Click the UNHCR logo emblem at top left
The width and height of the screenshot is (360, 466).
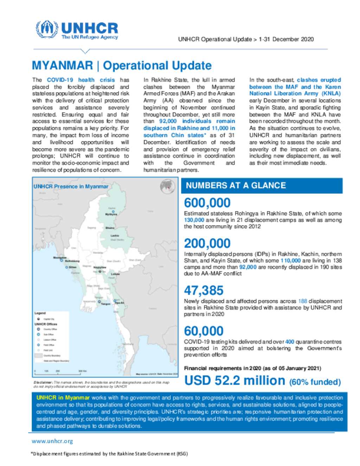click(47, 30)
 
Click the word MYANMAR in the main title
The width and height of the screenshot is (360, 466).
click(62, 66)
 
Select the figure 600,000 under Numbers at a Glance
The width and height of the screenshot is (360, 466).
click(207, 203)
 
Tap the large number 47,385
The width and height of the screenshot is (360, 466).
click(204, 291)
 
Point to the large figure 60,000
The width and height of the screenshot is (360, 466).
click(204, 331)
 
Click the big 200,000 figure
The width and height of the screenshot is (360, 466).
click(207, 243)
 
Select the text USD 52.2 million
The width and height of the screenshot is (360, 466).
click(234, 381)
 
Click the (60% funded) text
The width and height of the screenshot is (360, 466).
click(315, 382)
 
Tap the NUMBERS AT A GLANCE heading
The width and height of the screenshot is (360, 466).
click(236, 186)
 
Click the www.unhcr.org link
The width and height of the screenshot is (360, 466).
click(52, 441)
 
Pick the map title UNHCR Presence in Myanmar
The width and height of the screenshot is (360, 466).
click(71, 186)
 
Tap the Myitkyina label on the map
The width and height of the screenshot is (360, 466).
click(111, 214)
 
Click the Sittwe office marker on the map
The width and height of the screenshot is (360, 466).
click(67, 267)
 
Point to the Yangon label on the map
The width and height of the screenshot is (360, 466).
click(105, 304)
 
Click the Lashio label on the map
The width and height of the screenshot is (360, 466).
click(115, 236)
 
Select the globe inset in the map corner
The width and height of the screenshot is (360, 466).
click(168, 186)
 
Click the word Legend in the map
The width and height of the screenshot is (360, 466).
click(40, 313)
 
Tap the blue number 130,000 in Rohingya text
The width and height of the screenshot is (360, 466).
click(194, 220)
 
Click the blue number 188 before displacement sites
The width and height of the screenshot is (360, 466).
click(302, 301)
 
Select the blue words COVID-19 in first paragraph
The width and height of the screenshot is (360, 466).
click(60, 80)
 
